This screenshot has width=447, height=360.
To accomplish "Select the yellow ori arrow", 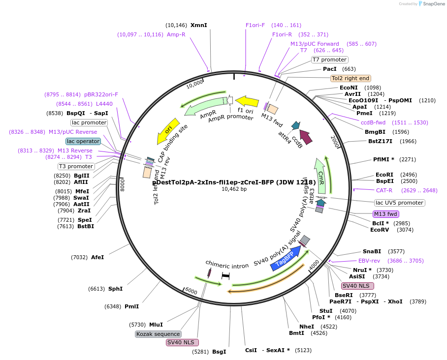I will tap(168, 131).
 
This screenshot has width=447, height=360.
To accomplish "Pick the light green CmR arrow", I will tap(321, 176).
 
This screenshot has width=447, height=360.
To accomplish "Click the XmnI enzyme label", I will tap(199, 25).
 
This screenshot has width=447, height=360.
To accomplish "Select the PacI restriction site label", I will tap(330, 69).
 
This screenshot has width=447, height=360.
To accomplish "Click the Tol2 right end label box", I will tap(351, 78).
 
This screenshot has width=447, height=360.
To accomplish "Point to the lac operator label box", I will tap(83, 141).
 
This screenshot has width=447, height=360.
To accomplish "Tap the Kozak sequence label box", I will tap(158, 334).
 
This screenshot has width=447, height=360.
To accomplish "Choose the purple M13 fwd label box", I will tap(386, 213).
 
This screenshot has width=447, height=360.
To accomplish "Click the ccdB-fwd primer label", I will tap(373, 122).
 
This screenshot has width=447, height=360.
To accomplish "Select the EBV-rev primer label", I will tap(369, 261).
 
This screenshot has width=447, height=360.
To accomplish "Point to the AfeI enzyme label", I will tap(97, 257).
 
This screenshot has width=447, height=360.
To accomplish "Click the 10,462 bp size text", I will tap(234, 189).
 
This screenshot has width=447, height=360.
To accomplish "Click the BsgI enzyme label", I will tap(219, 352).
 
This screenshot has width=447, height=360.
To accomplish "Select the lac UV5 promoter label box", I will tap(399, 203).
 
